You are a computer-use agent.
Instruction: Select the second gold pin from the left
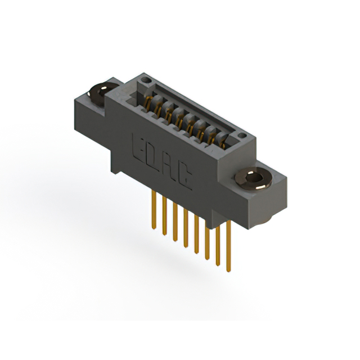(x=164, y=217)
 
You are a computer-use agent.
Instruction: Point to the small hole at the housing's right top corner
(x=241, y=137)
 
